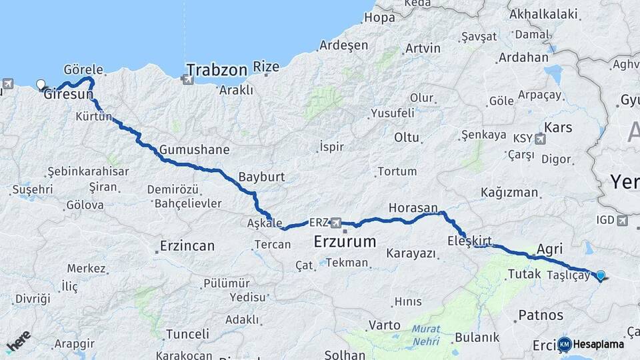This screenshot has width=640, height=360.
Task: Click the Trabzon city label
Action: [217, 69]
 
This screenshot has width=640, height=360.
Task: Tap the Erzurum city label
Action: [345, 241]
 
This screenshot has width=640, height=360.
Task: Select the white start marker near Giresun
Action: [41, 85]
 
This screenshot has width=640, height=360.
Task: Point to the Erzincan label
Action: [187, 246]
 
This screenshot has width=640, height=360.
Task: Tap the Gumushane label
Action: [194, 149]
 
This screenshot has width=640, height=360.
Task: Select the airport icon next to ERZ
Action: [337, 223]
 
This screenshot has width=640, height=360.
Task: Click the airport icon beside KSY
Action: [540, 139]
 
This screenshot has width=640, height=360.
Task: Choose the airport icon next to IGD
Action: [623, 220]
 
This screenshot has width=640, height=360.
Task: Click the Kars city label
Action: [558, 127]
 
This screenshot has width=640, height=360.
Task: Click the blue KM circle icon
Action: [565, 344]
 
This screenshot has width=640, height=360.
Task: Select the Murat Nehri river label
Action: [425, 334]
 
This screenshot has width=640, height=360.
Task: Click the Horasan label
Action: [413, 208]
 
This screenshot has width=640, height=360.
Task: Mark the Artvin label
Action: [423, 48]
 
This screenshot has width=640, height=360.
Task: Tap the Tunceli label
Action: [187, 333]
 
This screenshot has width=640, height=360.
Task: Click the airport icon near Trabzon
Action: [186, 79]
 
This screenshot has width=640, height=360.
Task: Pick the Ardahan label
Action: [523, 57]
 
